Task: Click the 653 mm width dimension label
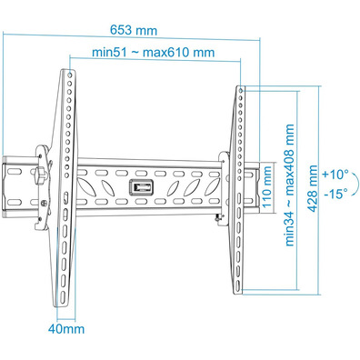click(x=134, y=30)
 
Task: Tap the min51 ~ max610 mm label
click(x=154, y=52)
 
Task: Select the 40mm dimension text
click(x=66, y=329)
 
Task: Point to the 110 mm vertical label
click(x=267, y=186)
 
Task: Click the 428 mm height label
click(x=313, y=188)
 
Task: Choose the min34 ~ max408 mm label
click(x=289, y=185)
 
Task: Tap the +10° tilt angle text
click(x=335, y=175)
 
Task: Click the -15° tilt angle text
click(x=335, y=193)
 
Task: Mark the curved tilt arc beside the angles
click(x=357, y=184)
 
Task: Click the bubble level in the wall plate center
click(x=141, y=187)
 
